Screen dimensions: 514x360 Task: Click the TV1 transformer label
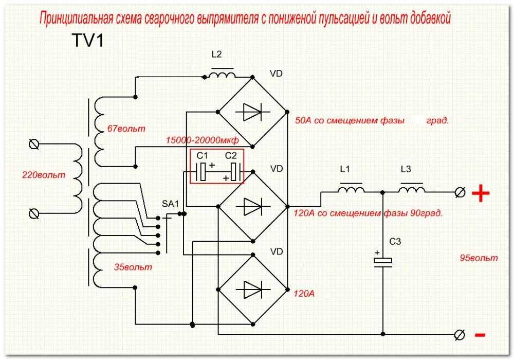coord(87,41)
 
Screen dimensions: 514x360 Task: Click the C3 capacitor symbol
coord(383,262)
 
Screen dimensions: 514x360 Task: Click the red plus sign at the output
coord(481,193)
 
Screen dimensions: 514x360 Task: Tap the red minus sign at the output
coord(480,335)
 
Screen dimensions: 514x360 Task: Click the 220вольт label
coord(44,175)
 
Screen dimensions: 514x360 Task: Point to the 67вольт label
coord(126,129)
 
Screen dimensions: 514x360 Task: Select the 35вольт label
coord(133,267)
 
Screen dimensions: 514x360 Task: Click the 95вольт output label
coord(479,258)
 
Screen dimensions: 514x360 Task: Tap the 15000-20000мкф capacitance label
coord(202,140)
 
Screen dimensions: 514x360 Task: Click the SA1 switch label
coord(171,204)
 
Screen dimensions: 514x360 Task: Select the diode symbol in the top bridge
coord(252,112)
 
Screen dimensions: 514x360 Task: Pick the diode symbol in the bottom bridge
coord(252,290)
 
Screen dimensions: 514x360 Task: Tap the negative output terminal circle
coord(460,335)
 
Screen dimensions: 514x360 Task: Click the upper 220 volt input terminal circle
coord(34,144)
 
